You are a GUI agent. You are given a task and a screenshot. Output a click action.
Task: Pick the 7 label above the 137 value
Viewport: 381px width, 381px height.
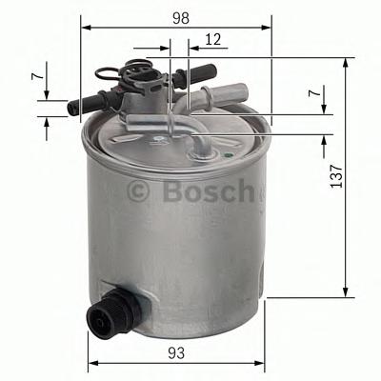tap(314, 94)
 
